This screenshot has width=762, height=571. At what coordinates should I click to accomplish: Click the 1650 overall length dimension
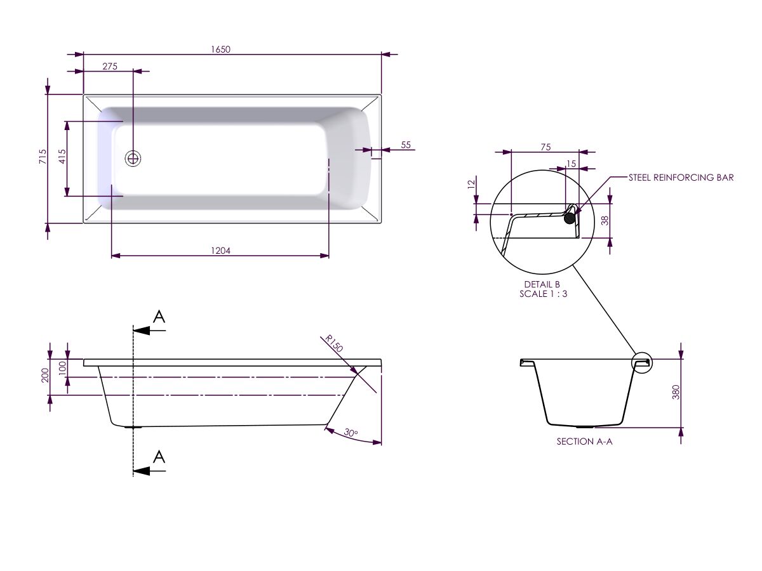(220, 50)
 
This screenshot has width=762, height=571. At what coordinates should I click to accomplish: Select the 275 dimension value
(109, 67)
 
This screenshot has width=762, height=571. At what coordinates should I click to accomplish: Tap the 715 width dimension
(43, 157)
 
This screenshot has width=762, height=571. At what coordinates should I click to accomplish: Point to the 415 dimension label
(62, 157)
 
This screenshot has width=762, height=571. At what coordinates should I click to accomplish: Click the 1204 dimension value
(220, 251)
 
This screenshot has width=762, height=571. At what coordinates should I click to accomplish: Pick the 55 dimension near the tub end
(406, 145)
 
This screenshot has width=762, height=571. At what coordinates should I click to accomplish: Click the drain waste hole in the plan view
(133, 158)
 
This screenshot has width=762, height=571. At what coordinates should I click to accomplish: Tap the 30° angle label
(351, 433)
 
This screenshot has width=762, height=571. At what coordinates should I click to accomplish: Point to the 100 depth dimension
(62, 368)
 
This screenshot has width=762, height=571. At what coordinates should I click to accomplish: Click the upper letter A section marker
(159, 317)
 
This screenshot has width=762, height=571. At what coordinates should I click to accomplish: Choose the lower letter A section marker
(159, 457)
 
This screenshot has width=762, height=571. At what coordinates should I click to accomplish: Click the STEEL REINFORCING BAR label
(681, 178)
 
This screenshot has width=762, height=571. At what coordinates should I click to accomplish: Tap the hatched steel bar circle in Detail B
(571, 218)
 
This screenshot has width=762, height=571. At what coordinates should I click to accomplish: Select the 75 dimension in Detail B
(545, 147)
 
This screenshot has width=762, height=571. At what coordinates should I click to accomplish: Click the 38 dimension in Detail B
(605, 221)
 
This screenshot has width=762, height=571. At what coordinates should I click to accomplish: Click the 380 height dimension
(676, 392)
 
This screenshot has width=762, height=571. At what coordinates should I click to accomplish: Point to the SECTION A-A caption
(584, 442)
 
